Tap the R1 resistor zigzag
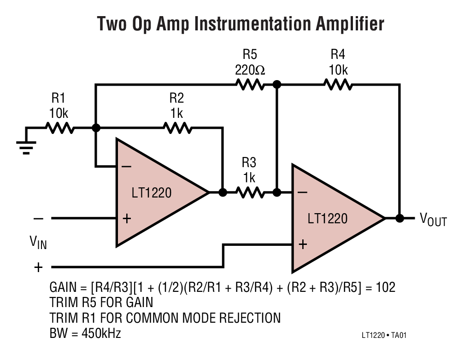tap(59, 128)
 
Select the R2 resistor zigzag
tap(177, 128)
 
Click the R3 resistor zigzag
tap(250, 192)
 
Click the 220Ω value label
tap(250, 70)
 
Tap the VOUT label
tap(433, 220)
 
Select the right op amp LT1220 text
tap(327, 218)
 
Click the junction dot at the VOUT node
tap(399, 218)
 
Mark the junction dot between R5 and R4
tap(276, 84)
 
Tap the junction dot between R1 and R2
tap(96, 128)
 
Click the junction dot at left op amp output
tap(223, 192)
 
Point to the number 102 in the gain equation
tap(385, 288)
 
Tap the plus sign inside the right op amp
tap(302, 244)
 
